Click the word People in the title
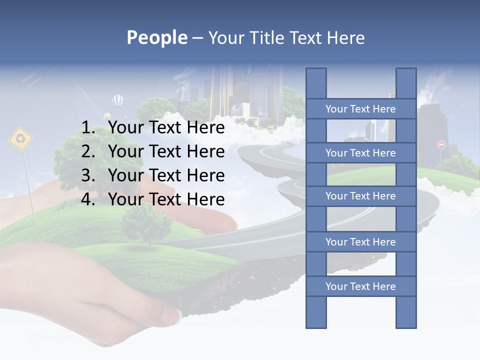tap(157, 37)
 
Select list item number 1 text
tap(166, 127)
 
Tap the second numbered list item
tap(166, 151)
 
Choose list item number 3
tap(166, 175)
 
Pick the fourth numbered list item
tap(166, 199)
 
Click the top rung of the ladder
tap(360, 109)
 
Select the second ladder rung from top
tap(360, 153)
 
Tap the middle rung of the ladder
tap(360, 196)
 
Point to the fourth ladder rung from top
tap(360, 242)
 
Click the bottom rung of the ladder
tap(360, 286)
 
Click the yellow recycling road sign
tap(20, 139)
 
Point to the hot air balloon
tap(118, 101)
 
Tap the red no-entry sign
tap(441, 144)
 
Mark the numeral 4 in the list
tap(87, 199)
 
